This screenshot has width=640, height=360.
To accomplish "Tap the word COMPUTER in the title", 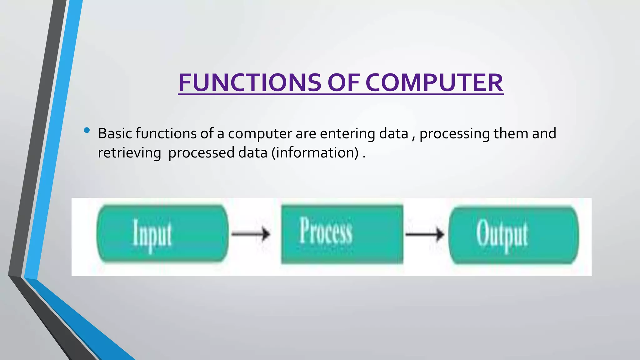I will coord(434,82).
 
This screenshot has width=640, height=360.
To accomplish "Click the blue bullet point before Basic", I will coord(87,130).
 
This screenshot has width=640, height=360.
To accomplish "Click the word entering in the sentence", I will coord(347,133).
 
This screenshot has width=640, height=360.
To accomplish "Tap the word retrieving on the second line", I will coord(129,153).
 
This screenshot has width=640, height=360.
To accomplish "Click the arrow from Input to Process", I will coord(251,234).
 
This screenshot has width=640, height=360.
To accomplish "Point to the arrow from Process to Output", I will coord(425,234).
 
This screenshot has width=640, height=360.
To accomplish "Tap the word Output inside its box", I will coord(502,234).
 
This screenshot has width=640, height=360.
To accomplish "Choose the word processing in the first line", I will coord(454,133).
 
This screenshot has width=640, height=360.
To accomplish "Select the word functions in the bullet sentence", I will coord(166,133).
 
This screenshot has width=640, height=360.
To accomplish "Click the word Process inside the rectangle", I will coord(326,231).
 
